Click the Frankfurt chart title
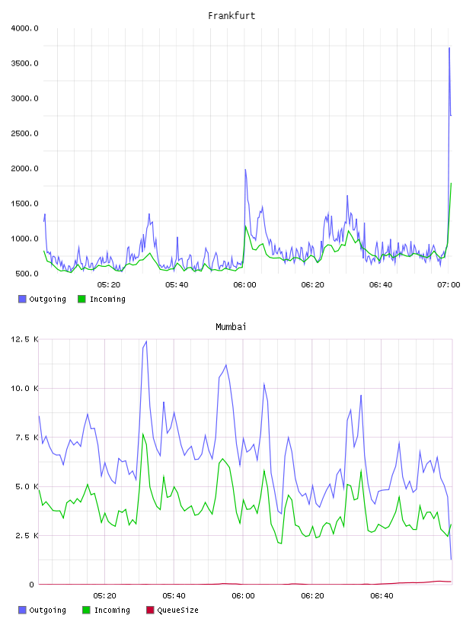click(x=231, y=15)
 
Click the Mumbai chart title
click(x=231, y=326)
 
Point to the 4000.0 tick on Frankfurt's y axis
click(x=24, y=28)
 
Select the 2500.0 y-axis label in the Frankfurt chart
click(x=24, y=133)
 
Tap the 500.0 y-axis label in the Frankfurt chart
click(x=27, y=274)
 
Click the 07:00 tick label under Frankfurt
click(x=449, y=284)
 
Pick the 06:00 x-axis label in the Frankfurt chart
click(x=244, y=284)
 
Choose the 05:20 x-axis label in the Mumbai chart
click(x=104, y=595)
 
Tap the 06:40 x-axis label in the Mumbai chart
click(x=382, y=595)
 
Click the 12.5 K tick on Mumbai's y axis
click(x=24, y=339)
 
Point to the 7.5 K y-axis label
click(x=27, y=437)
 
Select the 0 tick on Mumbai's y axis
click(x=31, y=585)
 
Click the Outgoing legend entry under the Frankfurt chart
click(x=42, y=299)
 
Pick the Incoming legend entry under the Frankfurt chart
click(x=101, y=299)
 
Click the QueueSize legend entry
click(x=172, y=610)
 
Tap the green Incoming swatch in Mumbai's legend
click(x=86, y=610)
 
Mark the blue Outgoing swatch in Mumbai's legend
click(x=22, y=610)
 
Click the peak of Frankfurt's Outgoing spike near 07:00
click(x=449, y=48)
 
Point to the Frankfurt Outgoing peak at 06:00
click(x=245, y=170)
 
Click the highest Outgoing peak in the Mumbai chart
click(x=147, y=341)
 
